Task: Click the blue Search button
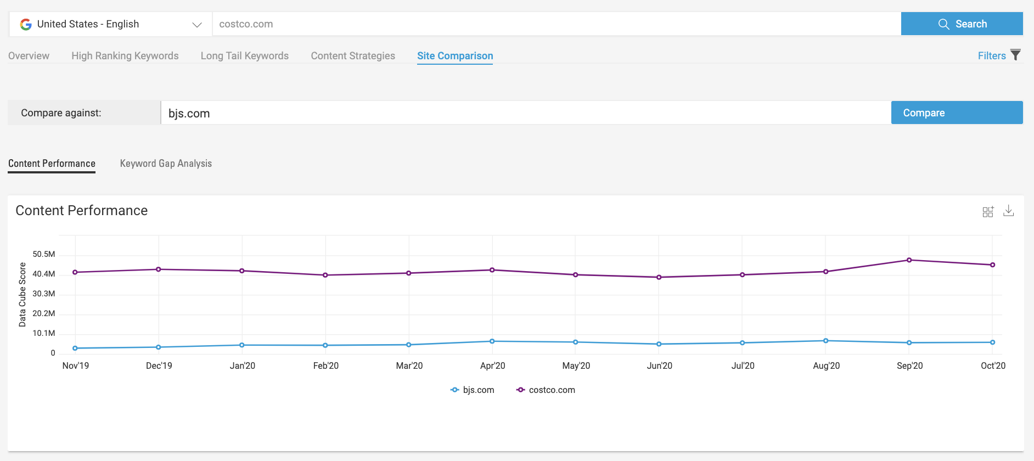coord(962,24)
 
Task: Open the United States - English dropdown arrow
coord(197,25)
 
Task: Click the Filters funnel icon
coord(1015,55)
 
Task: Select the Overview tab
coord(29,56)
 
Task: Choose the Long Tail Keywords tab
coord(244,56)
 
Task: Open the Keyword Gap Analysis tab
coord(166,164)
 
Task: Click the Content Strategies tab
coord(353,56)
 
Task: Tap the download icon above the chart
coord(1008,211)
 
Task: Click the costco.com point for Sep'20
coord(909,260)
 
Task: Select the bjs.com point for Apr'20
coord(492,341)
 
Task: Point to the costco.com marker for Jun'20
coord(659,277)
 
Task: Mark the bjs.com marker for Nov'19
coord(75,348)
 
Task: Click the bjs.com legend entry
coord(473,390)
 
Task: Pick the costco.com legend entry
coord(546,390)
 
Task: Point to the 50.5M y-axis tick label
coord(44,254)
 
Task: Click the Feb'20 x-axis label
coord(325,366)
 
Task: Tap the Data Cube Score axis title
coord(23,295)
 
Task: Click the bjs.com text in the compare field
coord(189,114)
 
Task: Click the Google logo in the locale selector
coord(26,24)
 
